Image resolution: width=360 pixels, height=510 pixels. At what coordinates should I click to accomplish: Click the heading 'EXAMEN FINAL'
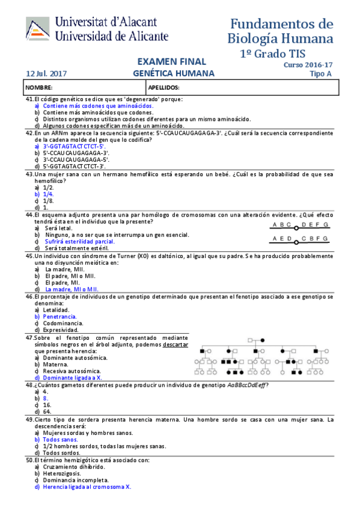click(x=171, y=61)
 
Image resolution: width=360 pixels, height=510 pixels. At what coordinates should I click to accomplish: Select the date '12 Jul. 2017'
click(x=46, y=74)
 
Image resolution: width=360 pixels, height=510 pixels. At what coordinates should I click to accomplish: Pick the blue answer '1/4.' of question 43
click(x=49, y=194)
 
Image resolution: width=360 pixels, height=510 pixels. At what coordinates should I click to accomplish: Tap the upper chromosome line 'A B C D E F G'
click(x=300, y=225)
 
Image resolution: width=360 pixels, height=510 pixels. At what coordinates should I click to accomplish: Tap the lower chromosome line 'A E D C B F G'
click(x=300, y=239)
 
